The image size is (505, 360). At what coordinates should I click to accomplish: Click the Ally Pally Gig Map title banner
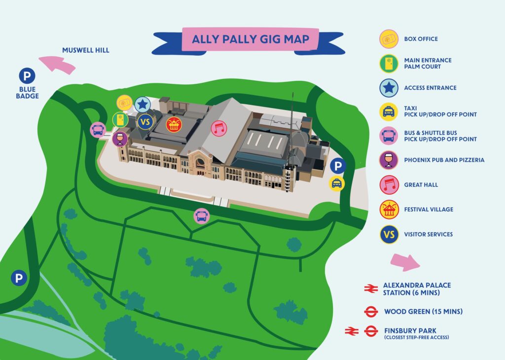tap(249, 40)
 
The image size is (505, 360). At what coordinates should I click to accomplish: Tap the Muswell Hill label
tap(86, 50)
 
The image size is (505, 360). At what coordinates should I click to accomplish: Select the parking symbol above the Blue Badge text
tap(27, 76)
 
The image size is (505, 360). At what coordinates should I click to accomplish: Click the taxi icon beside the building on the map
tap(336, 183)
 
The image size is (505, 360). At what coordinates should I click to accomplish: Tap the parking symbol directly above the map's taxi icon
tap(338, 166)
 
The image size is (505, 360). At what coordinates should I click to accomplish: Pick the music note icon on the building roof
tap(219, 128)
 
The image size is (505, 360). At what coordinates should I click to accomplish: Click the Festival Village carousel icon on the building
tap(174, 125)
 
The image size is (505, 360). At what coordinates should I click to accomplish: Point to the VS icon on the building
tap(145, 122)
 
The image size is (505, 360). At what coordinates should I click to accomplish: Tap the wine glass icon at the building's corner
tap(120, 139)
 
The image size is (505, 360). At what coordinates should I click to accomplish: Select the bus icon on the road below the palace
tap(202, 216)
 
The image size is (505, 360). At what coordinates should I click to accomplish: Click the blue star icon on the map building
tap(143, 105)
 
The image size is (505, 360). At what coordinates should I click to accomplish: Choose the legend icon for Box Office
tap(389, 39)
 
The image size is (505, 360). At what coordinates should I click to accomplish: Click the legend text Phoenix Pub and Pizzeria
tap(444, 160)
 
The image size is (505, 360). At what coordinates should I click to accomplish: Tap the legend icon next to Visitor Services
tap(389, 234)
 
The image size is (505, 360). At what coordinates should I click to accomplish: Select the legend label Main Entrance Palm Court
tap(428, 64)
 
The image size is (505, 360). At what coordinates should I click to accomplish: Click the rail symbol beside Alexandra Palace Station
tap(371, 288)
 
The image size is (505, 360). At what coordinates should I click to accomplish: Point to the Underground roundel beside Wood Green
tap(371, 312)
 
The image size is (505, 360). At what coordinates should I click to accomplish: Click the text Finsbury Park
tap(410, 331)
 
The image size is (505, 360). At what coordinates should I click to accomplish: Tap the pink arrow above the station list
tap(405, 262)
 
